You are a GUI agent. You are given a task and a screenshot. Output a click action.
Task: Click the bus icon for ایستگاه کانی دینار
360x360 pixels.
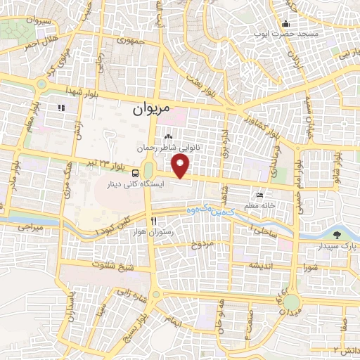(134, 174)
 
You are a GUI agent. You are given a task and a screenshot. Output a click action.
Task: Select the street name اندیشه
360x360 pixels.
(257, 266)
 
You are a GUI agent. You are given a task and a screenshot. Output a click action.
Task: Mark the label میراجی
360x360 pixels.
(30, 229)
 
